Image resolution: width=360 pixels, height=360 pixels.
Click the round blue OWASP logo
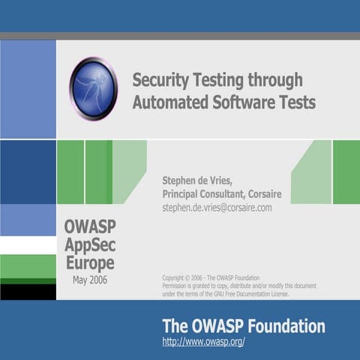(x=93, y=89)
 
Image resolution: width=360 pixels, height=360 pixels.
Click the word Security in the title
(x=160, y=79)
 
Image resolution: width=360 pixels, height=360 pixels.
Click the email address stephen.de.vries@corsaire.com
(x=217, y=207)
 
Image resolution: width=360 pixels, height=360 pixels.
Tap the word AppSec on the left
(x=90, y=244)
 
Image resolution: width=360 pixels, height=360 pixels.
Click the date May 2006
(x=90, y=280)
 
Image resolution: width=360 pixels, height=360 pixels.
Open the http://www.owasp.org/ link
(x=203, y=342)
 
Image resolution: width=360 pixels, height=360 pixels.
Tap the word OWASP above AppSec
(x=90, y=226)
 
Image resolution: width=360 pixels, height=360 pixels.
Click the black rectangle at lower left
(x=28, y=292)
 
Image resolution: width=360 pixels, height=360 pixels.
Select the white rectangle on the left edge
(x=28, y=245)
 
